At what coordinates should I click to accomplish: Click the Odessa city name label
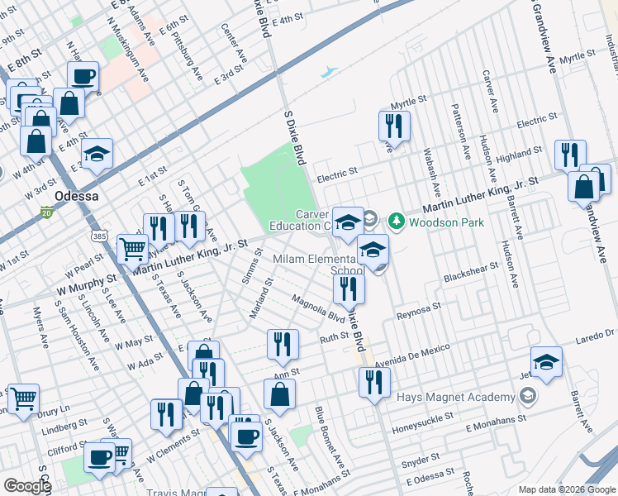click(76, 196)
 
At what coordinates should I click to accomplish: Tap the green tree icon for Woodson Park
click(397, 222)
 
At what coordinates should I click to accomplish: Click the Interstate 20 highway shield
click(47, 212)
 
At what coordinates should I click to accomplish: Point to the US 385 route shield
click(100, 236)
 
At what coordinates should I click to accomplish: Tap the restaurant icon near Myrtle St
click(393, 126)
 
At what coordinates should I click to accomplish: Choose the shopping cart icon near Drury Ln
click(24, 398)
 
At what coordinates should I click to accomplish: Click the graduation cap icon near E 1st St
click(97, 153)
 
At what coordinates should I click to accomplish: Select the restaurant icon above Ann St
click(283, 343)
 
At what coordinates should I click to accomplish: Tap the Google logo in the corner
click(27, 486)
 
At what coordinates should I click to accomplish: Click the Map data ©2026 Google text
click(566, 489)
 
